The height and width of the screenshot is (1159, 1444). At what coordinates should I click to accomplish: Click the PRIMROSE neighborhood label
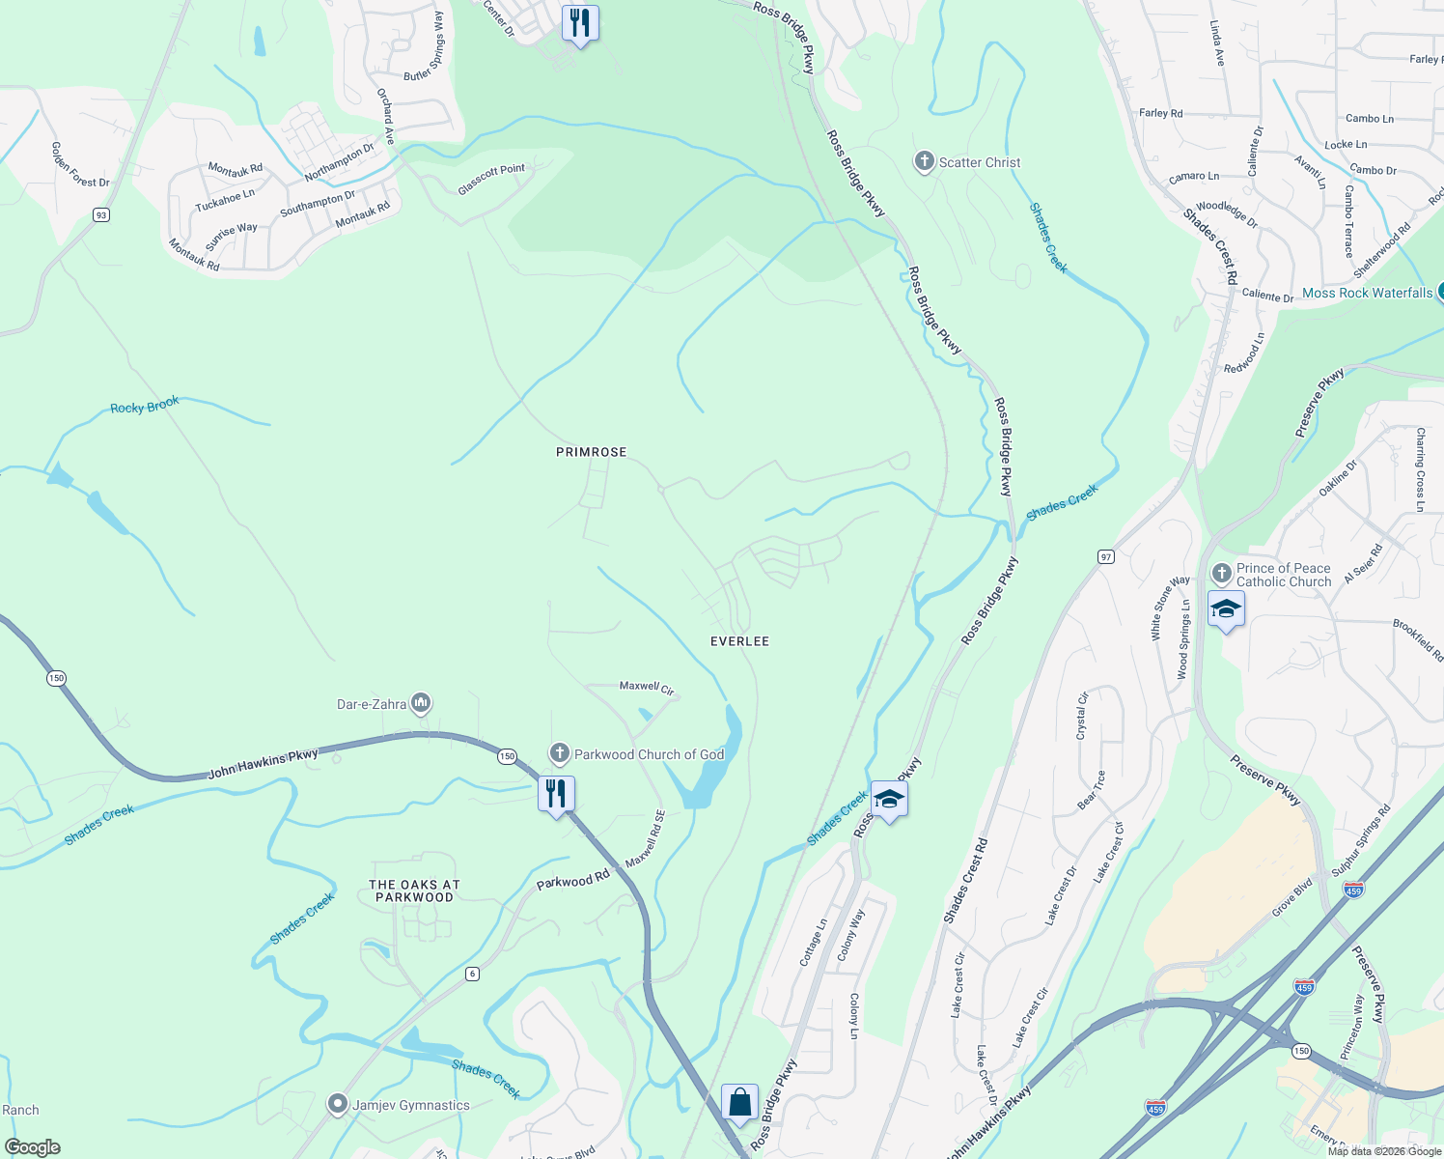coord(591,452)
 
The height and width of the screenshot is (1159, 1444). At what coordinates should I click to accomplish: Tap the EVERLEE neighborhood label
coord(739,641)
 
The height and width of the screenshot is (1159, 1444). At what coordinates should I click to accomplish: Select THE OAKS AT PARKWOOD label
coord(414,890)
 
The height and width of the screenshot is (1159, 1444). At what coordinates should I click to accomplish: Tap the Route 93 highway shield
coord(101,214)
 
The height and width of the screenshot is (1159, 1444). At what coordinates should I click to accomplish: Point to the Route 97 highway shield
coord(1105,556)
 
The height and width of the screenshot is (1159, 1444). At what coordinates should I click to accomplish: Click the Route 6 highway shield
coord(472,973)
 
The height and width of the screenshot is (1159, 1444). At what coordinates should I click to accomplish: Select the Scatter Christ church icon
coord(924,162)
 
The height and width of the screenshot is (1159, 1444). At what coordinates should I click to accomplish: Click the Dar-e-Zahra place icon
coord(420,704)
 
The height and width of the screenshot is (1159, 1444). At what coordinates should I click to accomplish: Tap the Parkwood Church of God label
coord(649,754)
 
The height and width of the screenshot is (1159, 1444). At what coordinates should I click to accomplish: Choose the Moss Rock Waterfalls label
coord(1367,293)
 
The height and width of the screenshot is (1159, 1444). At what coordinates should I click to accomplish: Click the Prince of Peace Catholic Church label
coord(1283,575)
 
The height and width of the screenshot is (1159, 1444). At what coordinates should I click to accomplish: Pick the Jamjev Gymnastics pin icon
coord(337,1103)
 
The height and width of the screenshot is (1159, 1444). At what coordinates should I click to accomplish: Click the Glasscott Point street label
coord(491,180)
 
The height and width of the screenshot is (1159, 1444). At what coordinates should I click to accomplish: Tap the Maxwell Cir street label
coord(646,687)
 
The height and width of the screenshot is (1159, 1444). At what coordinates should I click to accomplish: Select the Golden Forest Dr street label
coord(80,165)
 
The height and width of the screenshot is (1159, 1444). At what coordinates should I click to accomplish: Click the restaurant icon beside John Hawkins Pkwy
coord(556,795)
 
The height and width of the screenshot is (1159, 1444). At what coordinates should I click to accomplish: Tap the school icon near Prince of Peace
coord(1226,609)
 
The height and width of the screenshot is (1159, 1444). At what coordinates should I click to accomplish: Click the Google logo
coord(33,1146)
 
